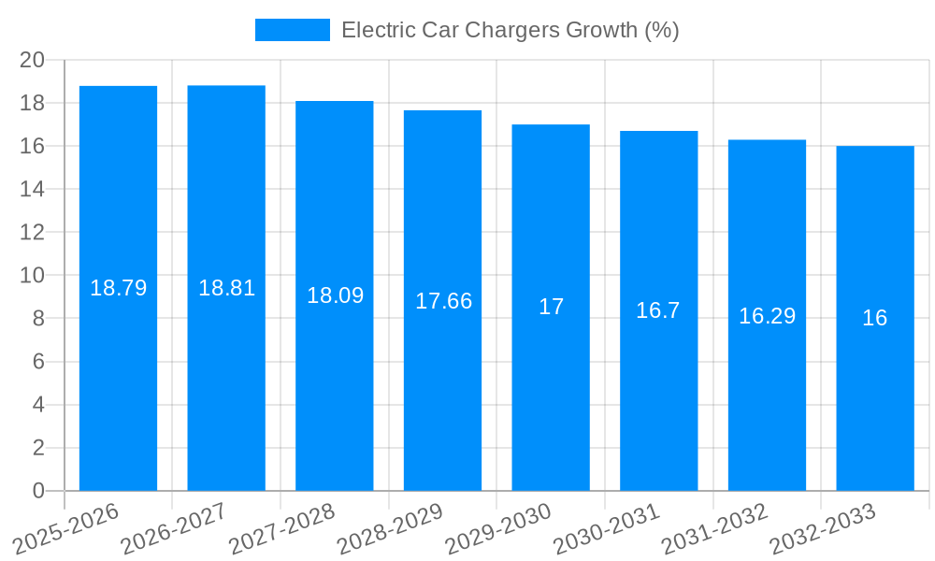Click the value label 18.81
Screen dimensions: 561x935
click(x=226, y=288)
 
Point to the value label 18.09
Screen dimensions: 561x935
click(x=335, y=295)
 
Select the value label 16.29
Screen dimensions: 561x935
click(x=767, y=316)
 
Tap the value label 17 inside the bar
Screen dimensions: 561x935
click(x=551, y=307)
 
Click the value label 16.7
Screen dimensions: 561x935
click(x=658, y=310)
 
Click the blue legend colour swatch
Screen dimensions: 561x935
click(x=292, y=30)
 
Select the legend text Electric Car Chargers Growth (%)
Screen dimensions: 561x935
click(x=510, y=30)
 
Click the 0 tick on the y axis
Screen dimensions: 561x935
click(x=38, y=491)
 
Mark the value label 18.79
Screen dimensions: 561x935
click(x=118, y=288)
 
